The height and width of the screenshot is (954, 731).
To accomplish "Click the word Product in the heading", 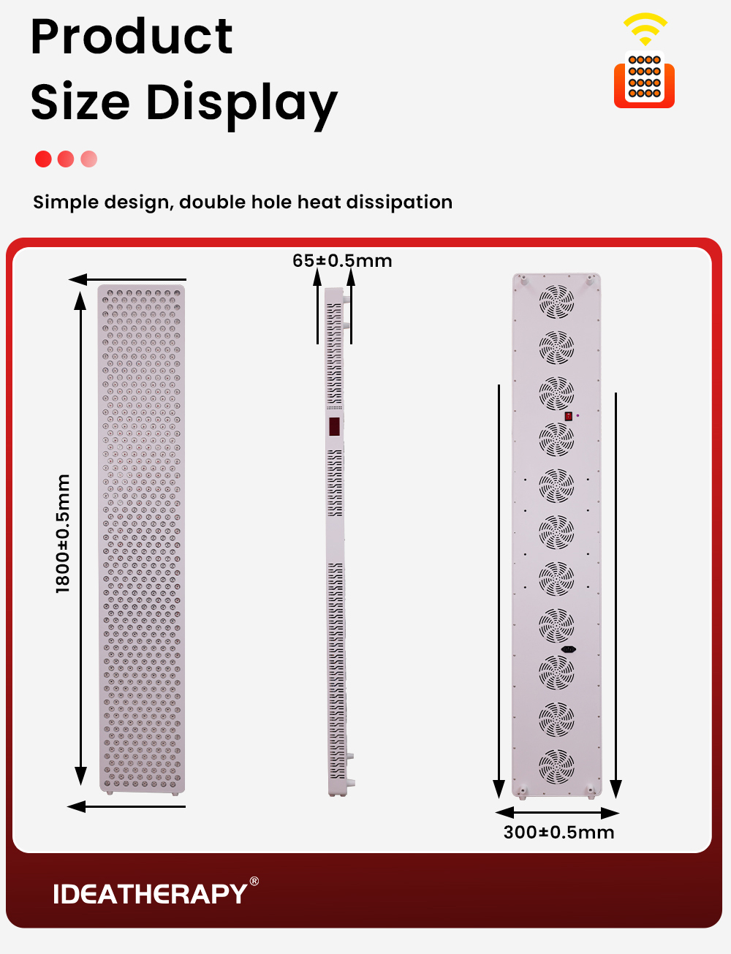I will coord(132,37).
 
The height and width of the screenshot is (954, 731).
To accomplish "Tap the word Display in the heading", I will coord(241,102).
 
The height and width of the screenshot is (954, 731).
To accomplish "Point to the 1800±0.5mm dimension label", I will coord(64,534).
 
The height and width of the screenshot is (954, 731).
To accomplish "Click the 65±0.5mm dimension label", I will coord(342,261).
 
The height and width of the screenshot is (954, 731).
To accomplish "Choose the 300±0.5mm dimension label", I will coord(558,833).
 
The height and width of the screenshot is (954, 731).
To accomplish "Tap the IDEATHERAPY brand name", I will coord(150,894).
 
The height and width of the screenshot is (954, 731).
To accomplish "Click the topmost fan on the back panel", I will coord(556,300).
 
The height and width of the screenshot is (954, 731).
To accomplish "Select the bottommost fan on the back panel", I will coord(556,765).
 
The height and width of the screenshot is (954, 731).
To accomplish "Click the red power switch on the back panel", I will coord(568,416).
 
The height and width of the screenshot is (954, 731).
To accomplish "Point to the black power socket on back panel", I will coord(568,649).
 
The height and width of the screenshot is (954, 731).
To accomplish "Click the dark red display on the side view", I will coord(334,426).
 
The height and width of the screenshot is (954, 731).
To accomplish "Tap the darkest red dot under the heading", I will coord(43,159).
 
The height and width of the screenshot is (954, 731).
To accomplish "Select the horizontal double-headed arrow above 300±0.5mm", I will coord(557,813).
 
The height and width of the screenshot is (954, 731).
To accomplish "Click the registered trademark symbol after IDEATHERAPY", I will coord(254,881).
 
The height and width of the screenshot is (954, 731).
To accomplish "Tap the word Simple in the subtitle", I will coord(66,202).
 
